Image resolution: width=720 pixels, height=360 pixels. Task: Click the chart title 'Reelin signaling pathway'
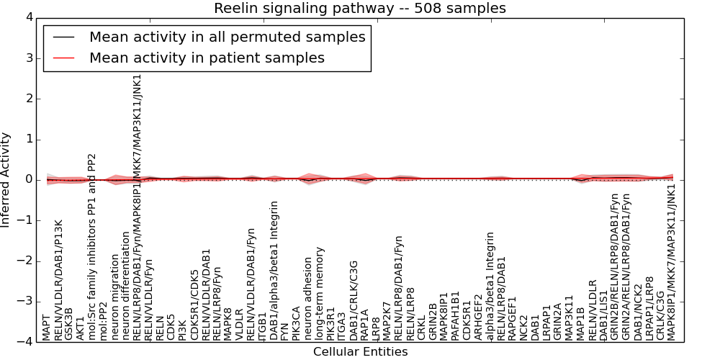[359, 8]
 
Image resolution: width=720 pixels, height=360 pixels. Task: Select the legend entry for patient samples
[207, 58]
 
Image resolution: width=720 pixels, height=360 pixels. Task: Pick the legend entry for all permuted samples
[227, 37]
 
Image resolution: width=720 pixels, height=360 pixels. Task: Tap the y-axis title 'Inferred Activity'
[6, 180]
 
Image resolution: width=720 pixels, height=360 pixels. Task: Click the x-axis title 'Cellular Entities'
[360, 352]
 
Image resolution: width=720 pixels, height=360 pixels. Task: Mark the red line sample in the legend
[63, 58]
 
